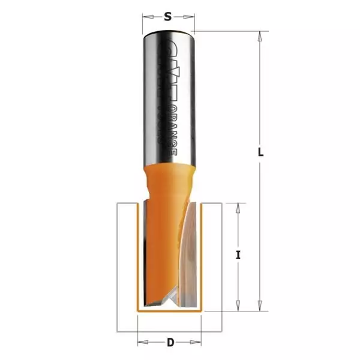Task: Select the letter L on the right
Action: (260, 152)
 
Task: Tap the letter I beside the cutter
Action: (238, 255)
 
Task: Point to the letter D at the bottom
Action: (170, 343)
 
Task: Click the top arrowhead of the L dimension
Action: (260, 37)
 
